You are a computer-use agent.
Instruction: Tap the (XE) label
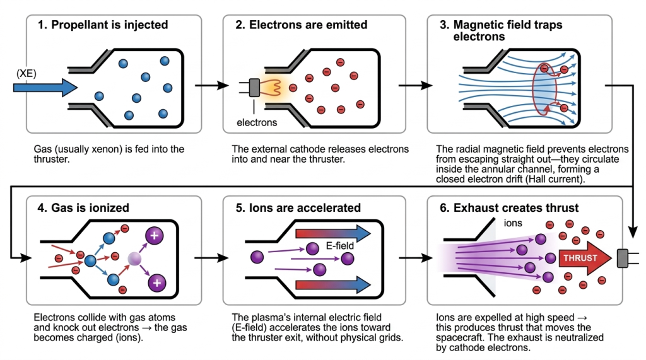(x=26, y=73)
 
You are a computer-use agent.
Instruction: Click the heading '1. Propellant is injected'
(x=109, y=25)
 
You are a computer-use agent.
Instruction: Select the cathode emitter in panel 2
(x=255, y=88)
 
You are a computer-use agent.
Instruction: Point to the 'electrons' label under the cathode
(x=257, y=122)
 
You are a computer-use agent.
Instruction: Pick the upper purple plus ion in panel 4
(x=155, y=235)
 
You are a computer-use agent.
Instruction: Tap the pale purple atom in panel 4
(x=133, y=257)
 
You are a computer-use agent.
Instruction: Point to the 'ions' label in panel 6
(x=512, y=223)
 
